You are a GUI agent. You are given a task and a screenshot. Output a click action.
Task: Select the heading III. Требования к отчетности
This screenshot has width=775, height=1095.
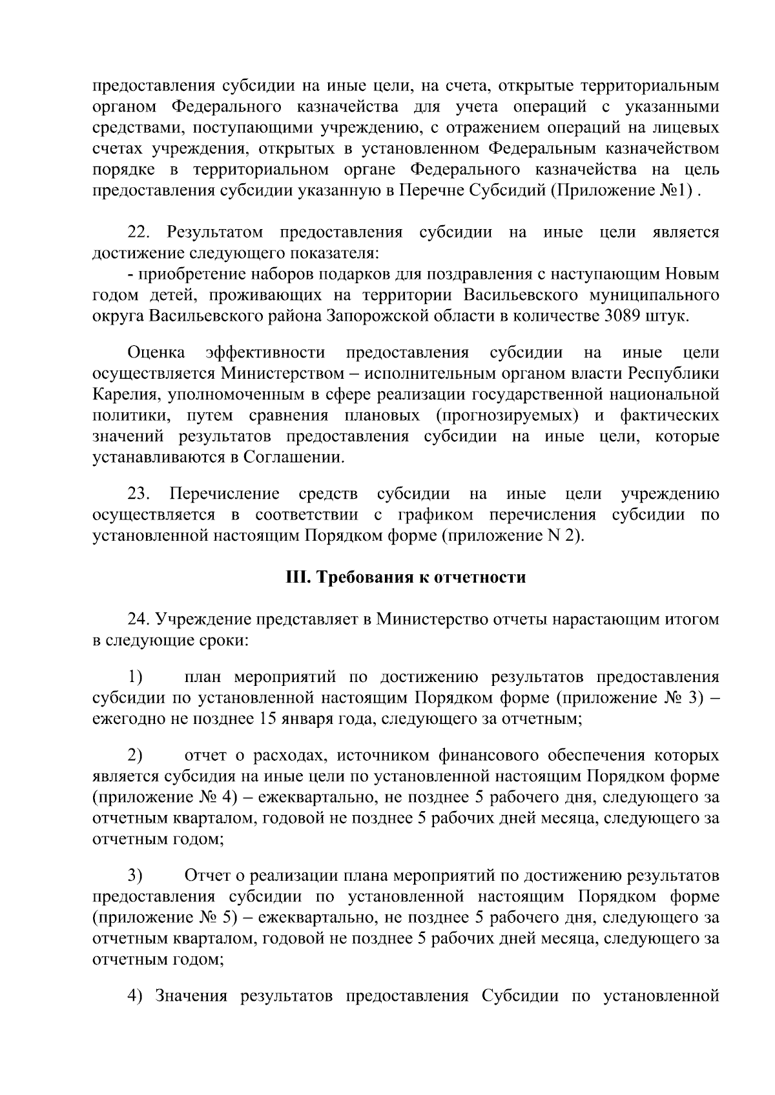tap(406, 577)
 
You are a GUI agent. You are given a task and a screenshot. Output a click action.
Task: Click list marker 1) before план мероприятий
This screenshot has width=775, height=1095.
tap(135, 677)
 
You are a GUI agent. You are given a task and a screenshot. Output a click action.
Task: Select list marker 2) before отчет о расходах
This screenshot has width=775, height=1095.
tap(135, 755)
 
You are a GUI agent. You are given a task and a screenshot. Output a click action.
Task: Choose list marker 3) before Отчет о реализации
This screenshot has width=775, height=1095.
tap(135, 875)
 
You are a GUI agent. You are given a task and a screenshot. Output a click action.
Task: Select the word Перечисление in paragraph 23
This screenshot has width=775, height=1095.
tap(224, 494)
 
